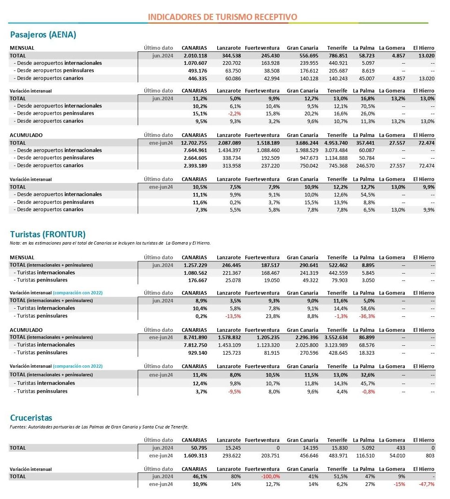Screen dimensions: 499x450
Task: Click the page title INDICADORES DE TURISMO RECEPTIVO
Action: click(x=222, y=17)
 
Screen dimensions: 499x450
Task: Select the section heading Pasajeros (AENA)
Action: click(x=43, y=35)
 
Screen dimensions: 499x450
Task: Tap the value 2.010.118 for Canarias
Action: click(x=195, y=56)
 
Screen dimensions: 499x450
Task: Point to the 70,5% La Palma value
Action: click(x=368, y=106)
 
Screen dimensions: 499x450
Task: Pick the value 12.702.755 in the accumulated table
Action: click(x=194, y=143)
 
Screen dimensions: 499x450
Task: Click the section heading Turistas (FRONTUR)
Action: click(x=48, y=234)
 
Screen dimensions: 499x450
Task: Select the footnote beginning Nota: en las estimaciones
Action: click(x=110, y=243)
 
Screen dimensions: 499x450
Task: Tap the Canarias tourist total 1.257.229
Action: click(x=195, y=265)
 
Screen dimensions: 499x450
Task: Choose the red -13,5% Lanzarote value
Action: click(x=233, y=316)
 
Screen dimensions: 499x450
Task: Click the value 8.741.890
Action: click(x=195, y=338)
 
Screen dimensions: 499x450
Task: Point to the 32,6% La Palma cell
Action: click(x=368, y=375)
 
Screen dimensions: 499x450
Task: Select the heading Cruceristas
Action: click(x=31, y=418)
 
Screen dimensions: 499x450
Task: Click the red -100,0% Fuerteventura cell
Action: click(x=270, y=477)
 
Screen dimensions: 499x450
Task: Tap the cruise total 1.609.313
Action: click(x=195, y=456)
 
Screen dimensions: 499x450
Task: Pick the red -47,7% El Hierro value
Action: click(x=426, y=484)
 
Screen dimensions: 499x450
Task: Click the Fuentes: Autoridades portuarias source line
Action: click(x=99, y=427)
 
